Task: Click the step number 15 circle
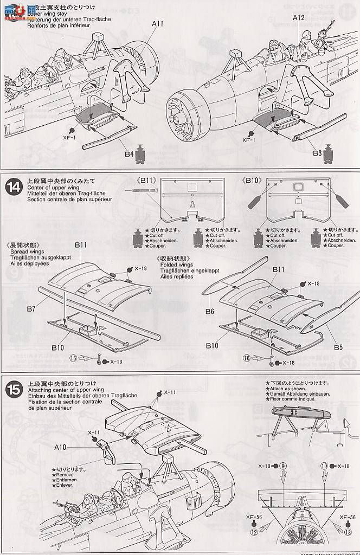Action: pos(13,389)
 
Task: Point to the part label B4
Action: pos(128,155)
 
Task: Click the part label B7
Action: pos(30,309)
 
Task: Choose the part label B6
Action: pos(210,312)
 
